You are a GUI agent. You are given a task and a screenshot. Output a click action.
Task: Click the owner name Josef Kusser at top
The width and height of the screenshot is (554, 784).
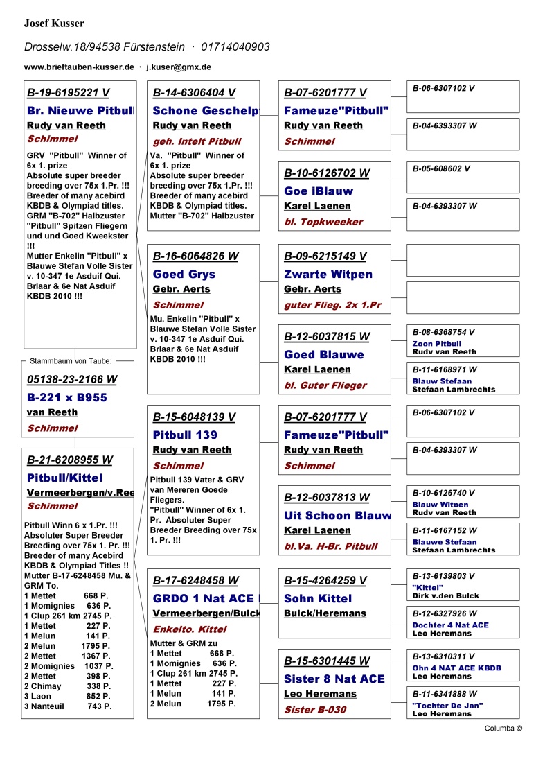pos(54,24)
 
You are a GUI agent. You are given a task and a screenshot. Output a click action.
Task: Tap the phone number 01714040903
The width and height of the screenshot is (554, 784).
pos(235,47)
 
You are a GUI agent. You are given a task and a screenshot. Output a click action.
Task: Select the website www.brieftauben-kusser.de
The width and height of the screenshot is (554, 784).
pos(79,67)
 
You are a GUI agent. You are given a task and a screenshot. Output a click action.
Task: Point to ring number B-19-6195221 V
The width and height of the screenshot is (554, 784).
pos(68,93)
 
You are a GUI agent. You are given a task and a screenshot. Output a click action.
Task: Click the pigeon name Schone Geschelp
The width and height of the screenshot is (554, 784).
pos(206,111)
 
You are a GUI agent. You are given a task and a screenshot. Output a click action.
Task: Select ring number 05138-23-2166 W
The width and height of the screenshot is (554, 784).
pos(72,380)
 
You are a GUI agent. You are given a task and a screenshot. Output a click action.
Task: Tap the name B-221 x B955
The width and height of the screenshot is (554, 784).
pos(67,398)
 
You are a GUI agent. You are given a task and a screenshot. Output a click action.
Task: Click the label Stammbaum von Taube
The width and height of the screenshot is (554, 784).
pos(71,360)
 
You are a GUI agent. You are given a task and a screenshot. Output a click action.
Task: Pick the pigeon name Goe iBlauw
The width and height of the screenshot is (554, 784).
pos(319,191)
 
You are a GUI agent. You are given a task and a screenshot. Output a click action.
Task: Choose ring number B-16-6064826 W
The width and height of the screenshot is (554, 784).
pos(195,256)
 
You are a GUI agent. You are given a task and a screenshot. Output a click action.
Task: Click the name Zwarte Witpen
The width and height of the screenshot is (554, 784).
pos(328,275)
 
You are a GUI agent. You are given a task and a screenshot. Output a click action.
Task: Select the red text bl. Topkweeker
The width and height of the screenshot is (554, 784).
pos(323,222)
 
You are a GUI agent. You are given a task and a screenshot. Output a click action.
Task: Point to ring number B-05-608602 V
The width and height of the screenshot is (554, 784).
pos(441,168)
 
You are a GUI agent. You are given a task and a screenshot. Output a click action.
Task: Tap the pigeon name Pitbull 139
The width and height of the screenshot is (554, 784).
pos(185,435)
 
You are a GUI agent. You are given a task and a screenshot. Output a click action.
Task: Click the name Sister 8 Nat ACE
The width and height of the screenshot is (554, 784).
pos(334,679)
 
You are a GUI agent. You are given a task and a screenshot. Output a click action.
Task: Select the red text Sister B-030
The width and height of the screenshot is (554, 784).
pos(315,710)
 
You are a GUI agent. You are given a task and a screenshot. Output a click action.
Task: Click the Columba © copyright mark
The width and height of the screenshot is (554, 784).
pos(503,729)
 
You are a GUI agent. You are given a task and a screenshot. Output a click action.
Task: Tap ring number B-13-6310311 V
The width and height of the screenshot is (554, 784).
pos(444,656)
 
